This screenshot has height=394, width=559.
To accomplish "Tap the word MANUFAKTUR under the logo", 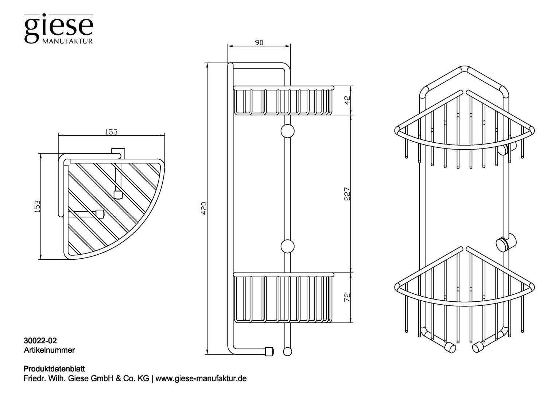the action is point(67,41).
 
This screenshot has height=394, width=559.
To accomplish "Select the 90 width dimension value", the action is point(259,43).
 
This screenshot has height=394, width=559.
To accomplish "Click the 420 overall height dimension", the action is point(204,208).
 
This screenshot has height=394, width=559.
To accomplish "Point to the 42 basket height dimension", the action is point(347,100).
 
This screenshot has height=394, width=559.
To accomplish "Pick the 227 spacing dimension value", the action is point(347,194).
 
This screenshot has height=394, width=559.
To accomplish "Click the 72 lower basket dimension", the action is point(347,297).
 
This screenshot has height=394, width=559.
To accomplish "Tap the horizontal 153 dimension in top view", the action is point(111,132).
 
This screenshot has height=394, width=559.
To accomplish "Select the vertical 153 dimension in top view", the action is point(37,206).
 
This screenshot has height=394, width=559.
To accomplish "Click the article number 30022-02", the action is point(40,341).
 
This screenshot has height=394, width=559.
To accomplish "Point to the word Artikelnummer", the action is point(49,350).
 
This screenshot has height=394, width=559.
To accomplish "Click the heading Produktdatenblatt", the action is point(54,369).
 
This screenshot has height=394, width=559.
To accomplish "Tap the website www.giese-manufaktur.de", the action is point(201,379).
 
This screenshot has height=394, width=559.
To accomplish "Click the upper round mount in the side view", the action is point(287,131).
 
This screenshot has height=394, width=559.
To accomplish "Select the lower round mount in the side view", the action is point(287,246).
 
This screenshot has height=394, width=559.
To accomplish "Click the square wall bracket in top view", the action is point(118,153).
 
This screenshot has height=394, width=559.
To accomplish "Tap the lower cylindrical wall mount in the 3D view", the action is point(506,243).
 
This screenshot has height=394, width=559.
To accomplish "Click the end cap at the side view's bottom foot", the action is point(269,351).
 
